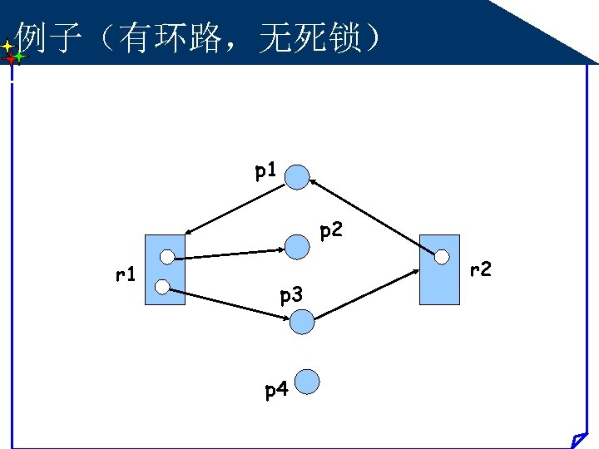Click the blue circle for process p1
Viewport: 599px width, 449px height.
[x=297, y=176]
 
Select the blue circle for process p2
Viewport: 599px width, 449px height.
[x=297, y=245]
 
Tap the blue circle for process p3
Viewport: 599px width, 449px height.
[x=303, y=321]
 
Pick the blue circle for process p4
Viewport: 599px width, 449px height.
[x=308, y=382]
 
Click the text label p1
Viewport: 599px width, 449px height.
[x=266, y=172]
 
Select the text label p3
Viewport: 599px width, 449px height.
[x=291, y=294]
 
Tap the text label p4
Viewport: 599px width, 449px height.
[x=276, y=389]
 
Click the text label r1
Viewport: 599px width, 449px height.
[x=126, y=273]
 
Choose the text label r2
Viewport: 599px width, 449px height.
[x=481, y=269]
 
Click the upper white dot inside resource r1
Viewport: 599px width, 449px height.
[x=167, y=256]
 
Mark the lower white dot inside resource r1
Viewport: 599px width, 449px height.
[x=162, y=289]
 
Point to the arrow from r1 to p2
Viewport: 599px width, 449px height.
[x=229, y=252]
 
